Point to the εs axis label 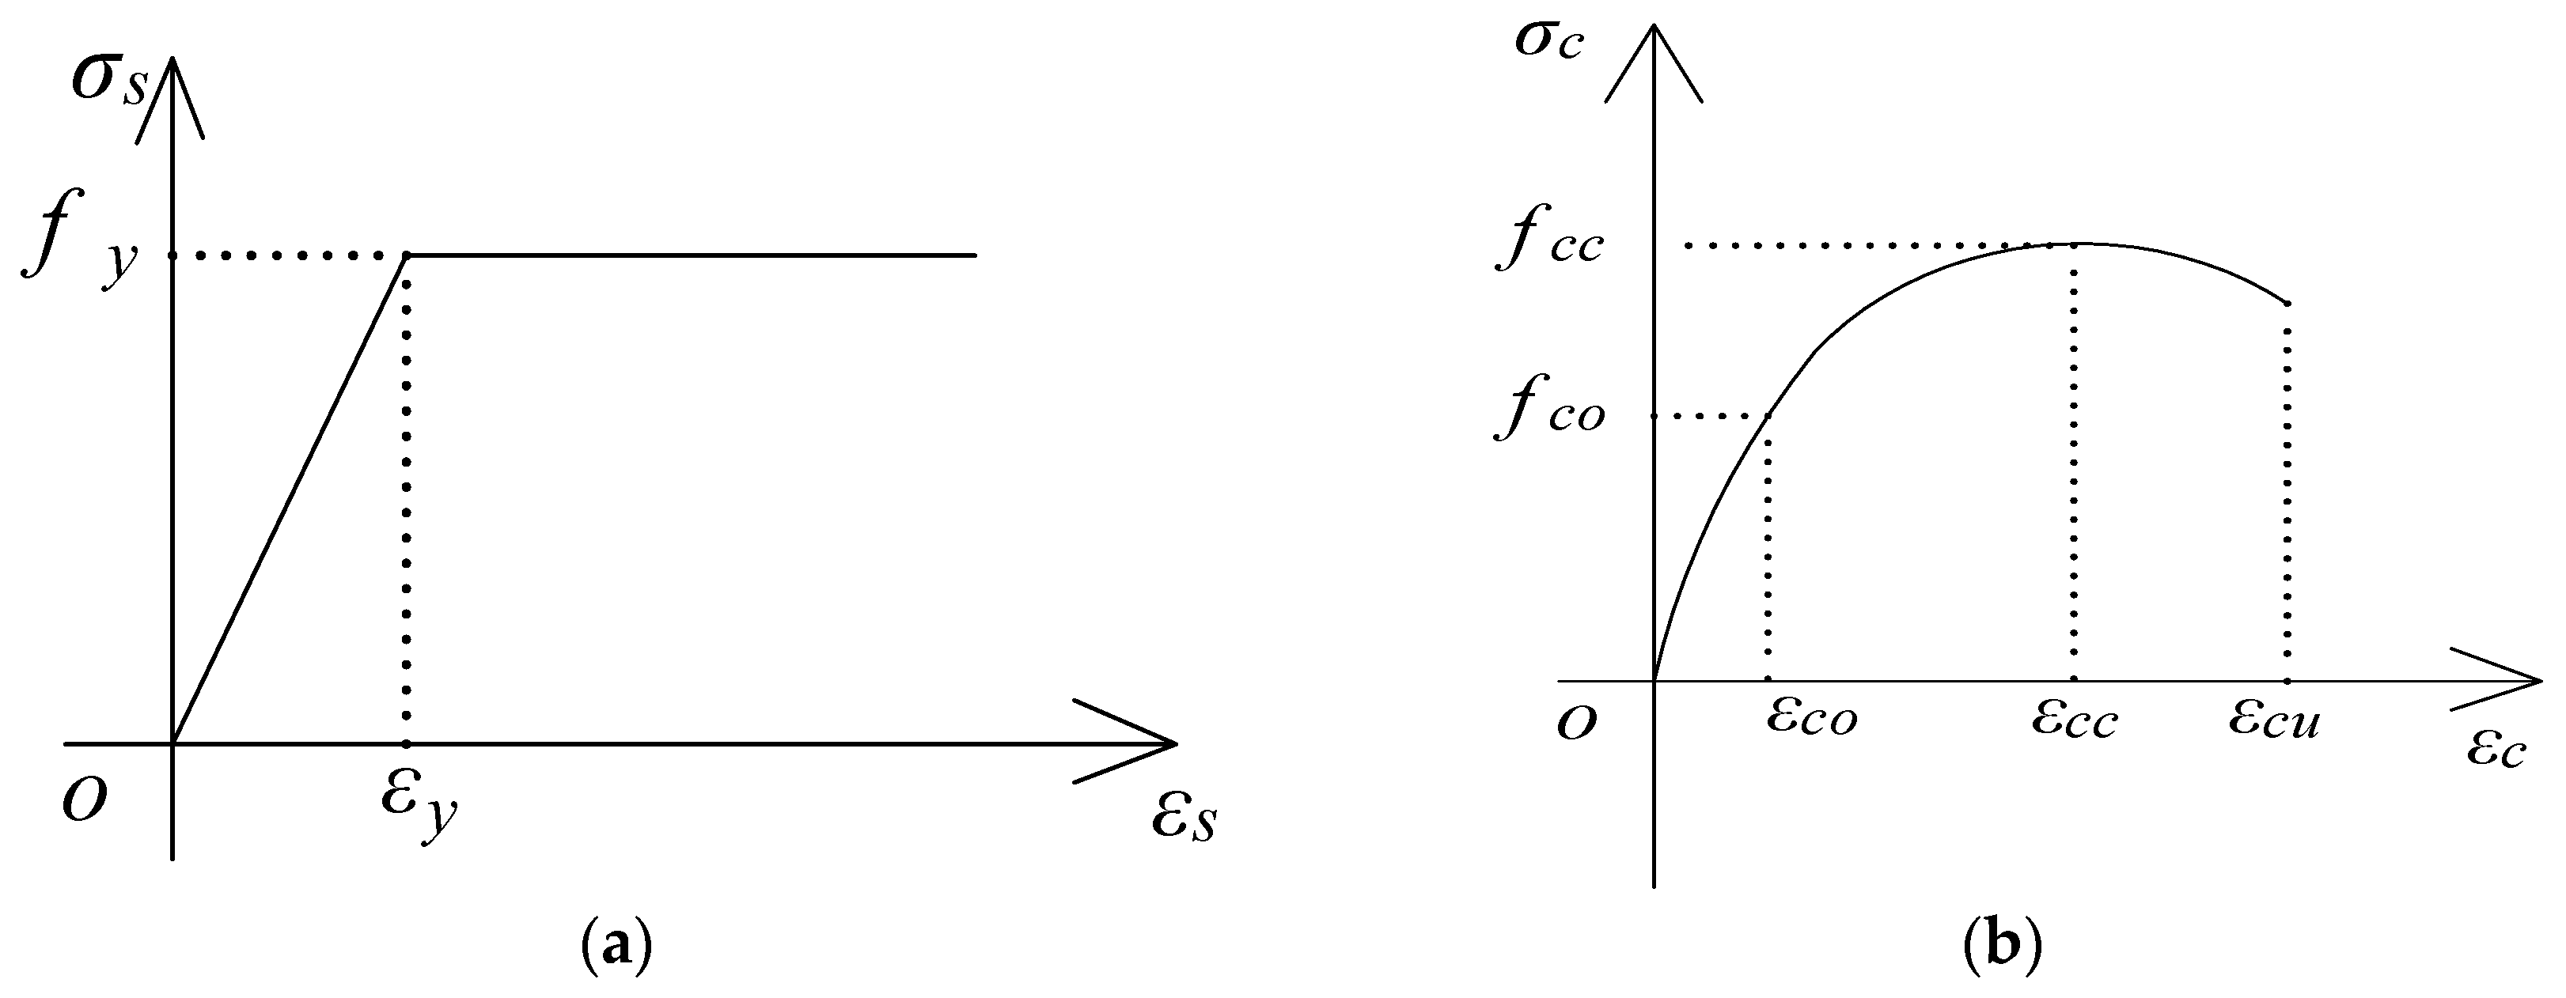[x=1184, y=818]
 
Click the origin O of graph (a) [x=85, y=799]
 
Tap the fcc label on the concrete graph [x=1549, y=242]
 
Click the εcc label [x=2074, y=719]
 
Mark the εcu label [x=2275, y=719]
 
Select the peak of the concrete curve [x=2074, y=243]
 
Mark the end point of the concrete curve [x=2287, y=303]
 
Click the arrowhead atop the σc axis [x=1654, y=35]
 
